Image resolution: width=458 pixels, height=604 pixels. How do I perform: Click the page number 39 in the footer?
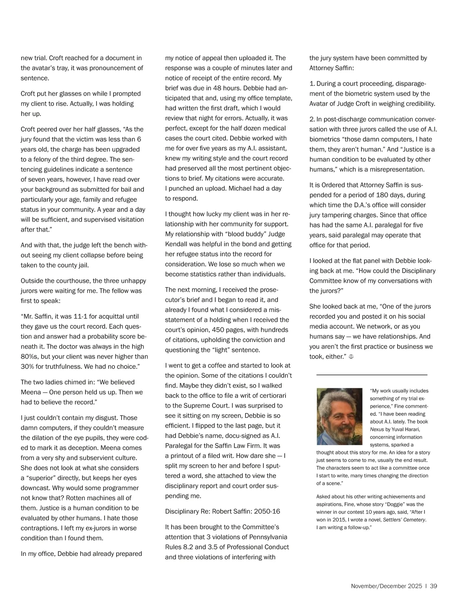point(433,586)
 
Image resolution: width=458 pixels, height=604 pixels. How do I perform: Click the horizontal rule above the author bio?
point(372,375)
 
